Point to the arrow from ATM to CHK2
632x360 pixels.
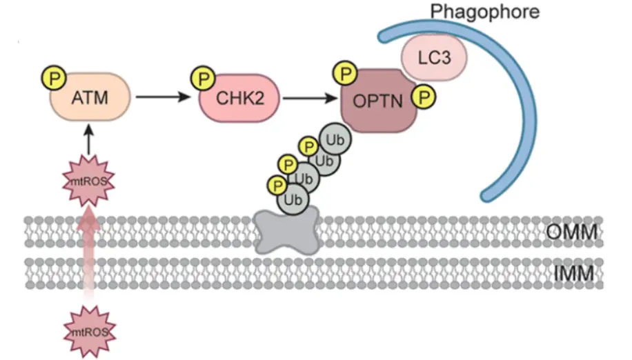coord(163,97)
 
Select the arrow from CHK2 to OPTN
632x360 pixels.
coord(309,97)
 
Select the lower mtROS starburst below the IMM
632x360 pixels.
coord(89,332)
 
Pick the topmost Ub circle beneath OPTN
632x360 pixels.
coord(336,139)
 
